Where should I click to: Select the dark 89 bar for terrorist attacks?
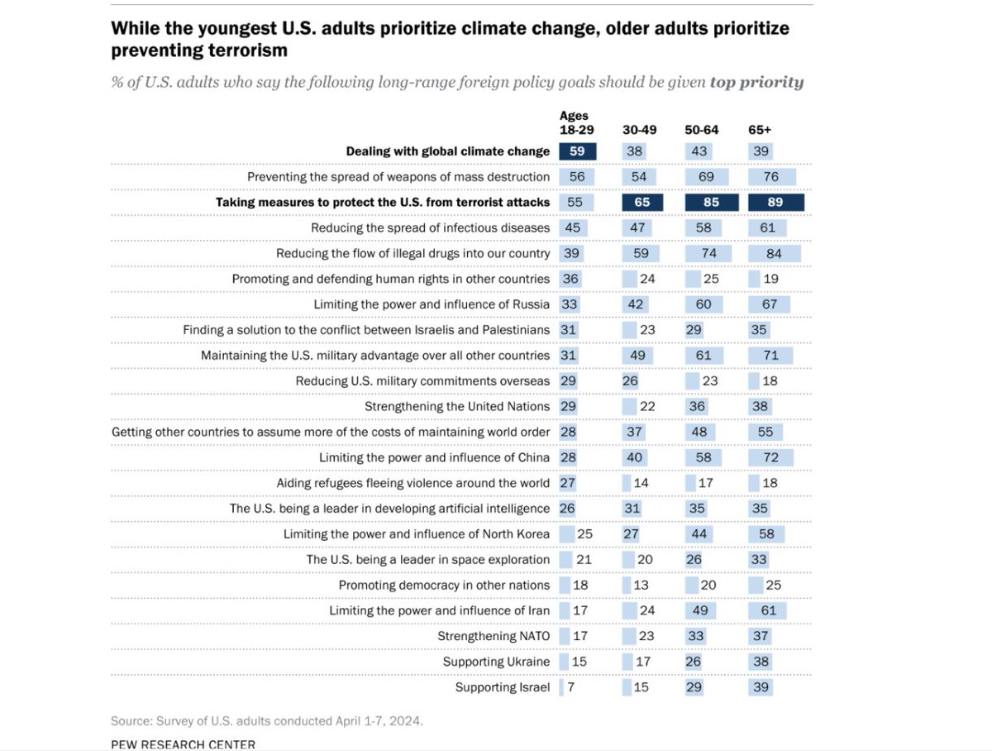tap(775, 203)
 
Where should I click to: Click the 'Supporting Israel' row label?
tap(502, 687)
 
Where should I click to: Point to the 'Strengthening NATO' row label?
tap(494, 636)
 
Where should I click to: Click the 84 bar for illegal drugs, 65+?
tap(774, 253)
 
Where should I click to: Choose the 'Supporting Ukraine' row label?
tap(496, 662)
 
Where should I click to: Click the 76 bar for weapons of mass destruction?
tap(770, 177)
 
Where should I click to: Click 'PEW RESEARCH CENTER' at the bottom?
tap(183, 744)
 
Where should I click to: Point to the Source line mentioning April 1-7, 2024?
tap(266, 720)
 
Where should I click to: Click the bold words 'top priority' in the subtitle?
tap(756, 83)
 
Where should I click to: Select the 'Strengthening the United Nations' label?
tap(457, 406)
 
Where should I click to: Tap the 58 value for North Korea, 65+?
tap(766, 534)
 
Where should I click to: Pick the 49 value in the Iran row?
tap(699, 610)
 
